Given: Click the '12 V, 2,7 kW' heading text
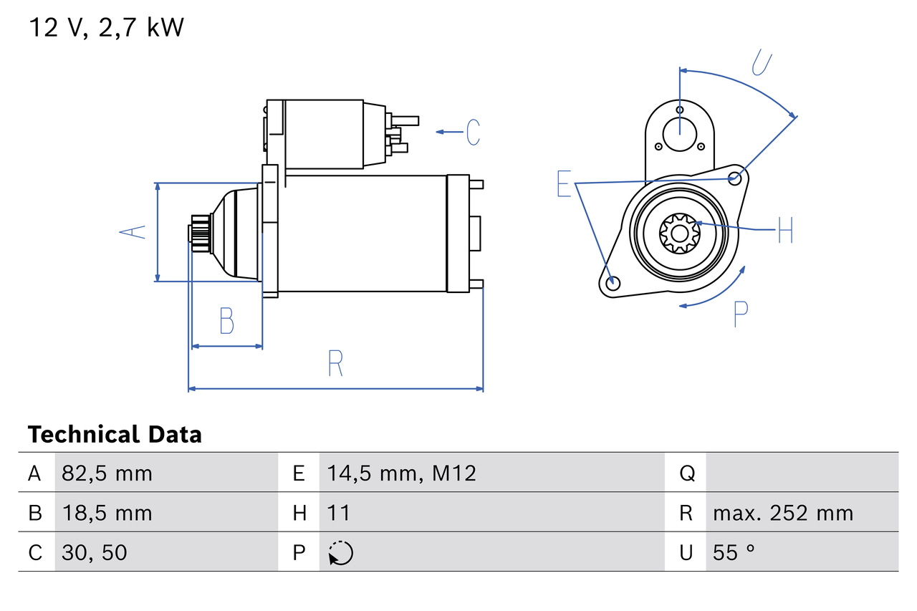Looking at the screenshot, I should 106,28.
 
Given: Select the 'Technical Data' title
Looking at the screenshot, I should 115,435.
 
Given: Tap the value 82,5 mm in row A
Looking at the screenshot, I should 107,473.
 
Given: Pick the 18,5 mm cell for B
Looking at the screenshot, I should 107,513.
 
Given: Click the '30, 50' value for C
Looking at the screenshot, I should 95,552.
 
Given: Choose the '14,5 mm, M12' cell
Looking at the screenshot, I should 401,473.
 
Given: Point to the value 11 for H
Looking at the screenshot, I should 338,513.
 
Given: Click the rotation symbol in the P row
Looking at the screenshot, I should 340,553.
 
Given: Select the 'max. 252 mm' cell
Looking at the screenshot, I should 783,513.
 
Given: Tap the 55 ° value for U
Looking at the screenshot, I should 734,552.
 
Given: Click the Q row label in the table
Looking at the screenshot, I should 686,473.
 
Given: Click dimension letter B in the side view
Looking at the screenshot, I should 226,321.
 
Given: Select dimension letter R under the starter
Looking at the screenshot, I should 335,363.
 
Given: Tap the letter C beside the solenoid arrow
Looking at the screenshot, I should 473,133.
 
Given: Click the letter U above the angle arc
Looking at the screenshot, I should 762,62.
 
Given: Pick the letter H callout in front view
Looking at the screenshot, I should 785,230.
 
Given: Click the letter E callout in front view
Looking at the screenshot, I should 565,184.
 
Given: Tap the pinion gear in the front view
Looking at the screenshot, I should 678,232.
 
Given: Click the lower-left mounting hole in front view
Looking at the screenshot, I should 612,283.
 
